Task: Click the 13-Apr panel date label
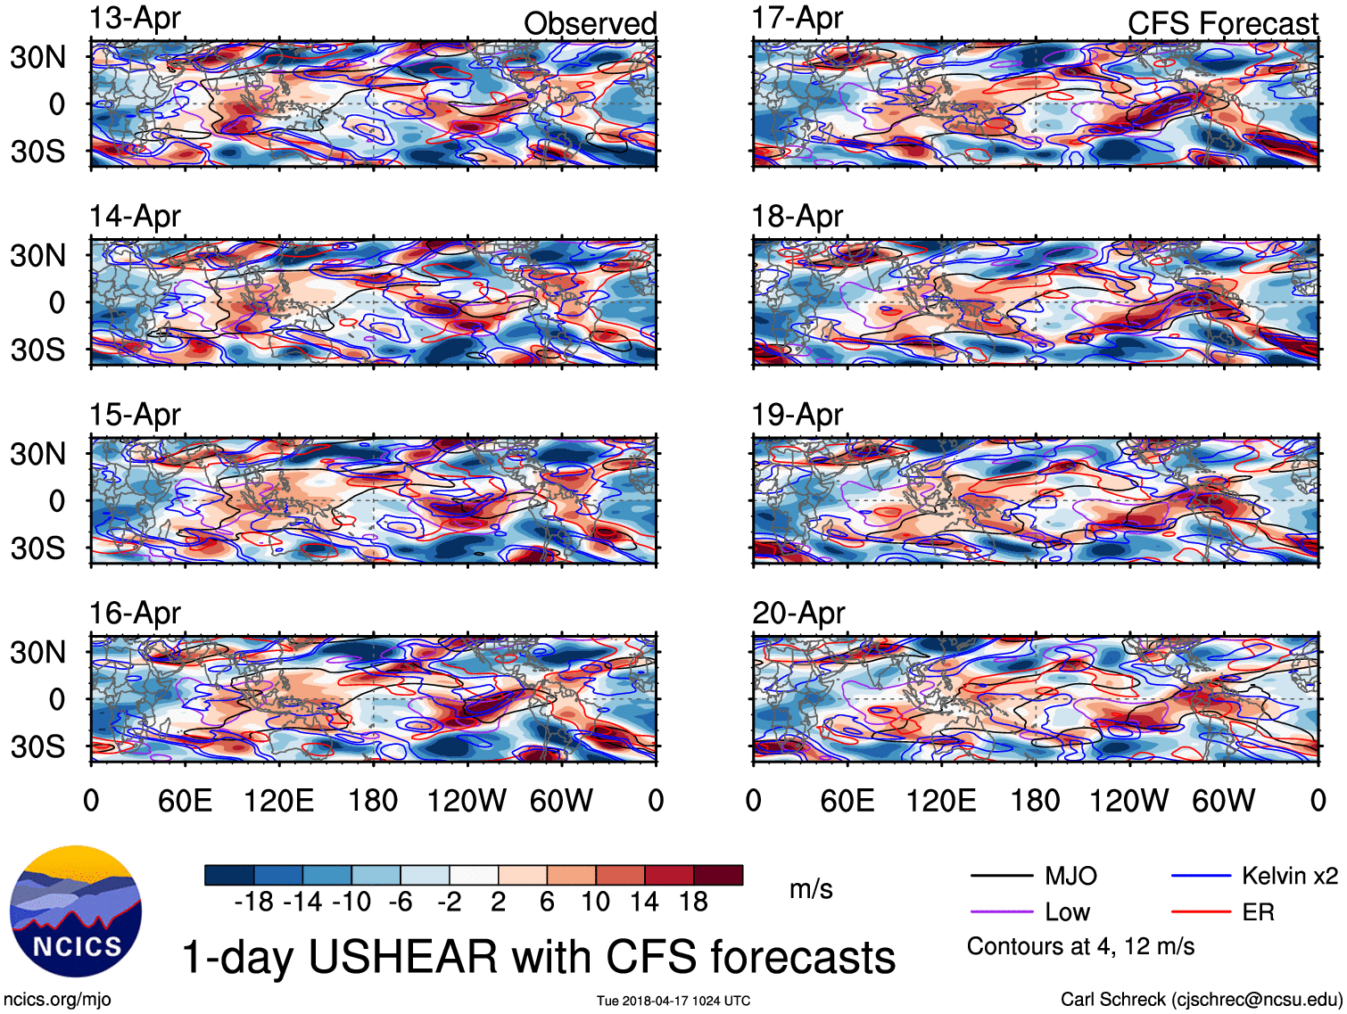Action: pos(135,18)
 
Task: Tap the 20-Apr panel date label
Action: pos(797,613)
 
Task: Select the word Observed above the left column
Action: pos(590,24)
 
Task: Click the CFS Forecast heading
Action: pos(1222,24)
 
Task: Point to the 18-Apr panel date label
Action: pos(797,216)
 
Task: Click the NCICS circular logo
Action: pos(76,911)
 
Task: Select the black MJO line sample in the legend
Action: pos(1001,877)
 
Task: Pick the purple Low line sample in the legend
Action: pos(1001,912)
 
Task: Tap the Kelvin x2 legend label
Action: pos(1289,876)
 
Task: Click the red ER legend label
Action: pos(1258,912)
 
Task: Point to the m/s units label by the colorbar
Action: pos(811,889)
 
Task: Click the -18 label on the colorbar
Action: pos(253,903)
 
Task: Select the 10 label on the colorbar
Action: pos(595,903)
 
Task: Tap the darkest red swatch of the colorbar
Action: pos(718,875)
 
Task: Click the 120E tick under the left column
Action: pos(279,801)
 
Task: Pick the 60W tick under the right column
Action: pos(1223,801)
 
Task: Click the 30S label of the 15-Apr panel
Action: pos(38,548)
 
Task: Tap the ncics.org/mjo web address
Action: pos(57,1000)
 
